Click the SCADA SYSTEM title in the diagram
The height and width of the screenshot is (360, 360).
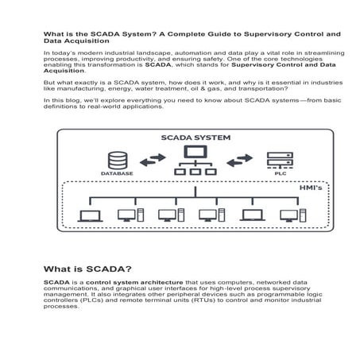click(195, 137)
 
